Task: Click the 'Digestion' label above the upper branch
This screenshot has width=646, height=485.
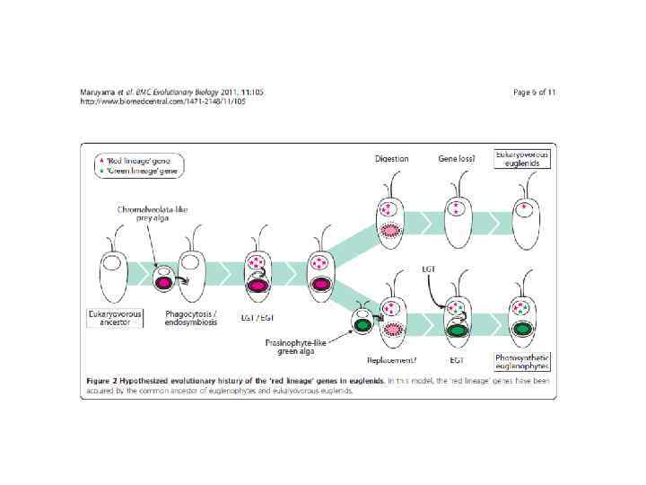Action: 391,159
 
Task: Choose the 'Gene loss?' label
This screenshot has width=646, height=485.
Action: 457,159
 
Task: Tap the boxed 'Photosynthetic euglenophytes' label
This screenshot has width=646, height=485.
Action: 522,361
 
